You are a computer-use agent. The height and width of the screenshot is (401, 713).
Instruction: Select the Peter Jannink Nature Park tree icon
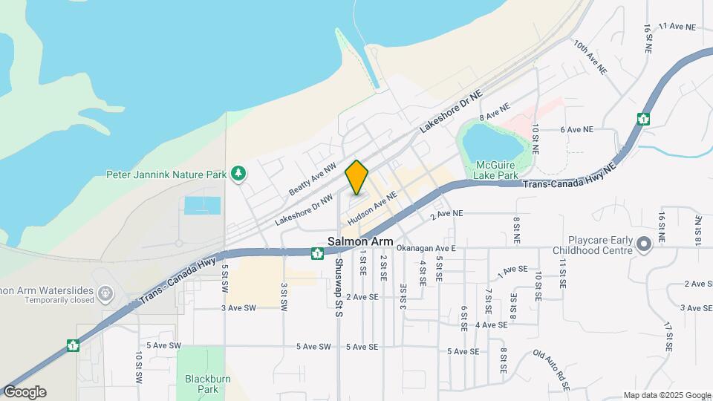[238, 173]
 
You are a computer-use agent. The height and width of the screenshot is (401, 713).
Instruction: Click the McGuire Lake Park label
[496, 170]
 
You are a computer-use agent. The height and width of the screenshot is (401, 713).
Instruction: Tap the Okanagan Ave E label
[426, 247]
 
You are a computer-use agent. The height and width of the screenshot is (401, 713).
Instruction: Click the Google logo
[25, 392]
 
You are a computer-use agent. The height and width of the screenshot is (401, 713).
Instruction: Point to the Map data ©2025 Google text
[667, 395]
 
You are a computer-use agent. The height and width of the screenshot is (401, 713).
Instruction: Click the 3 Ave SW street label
[238, 307]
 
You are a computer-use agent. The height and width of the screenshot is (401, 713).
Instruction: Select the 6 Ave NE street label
[577, 129]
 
